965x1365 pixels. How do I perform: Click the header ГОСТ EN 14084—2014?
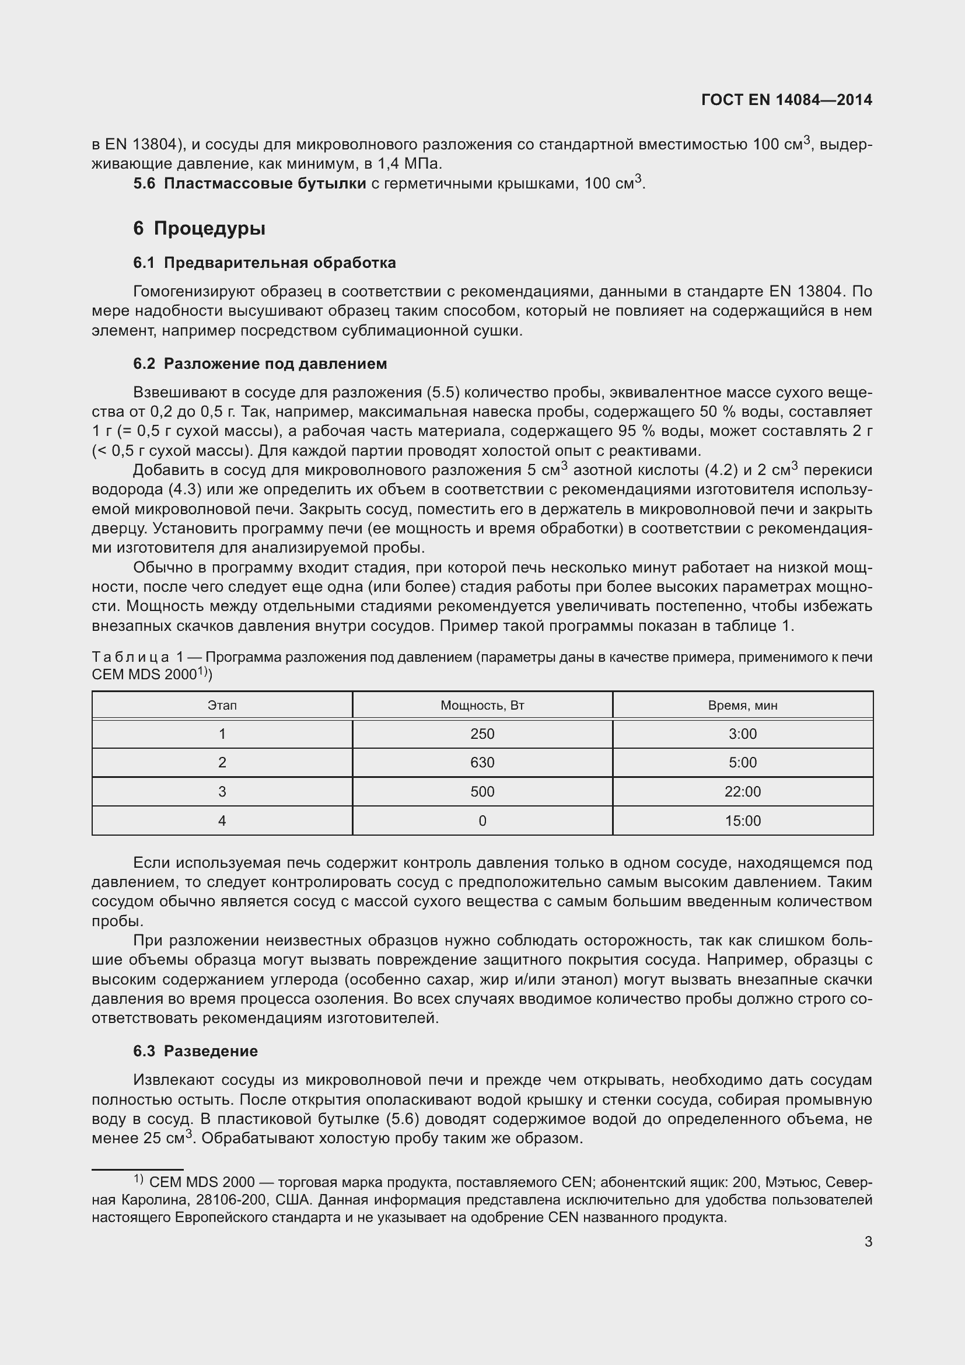(786, 100)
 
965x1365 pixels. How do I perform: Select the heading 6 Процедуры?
(199, 228)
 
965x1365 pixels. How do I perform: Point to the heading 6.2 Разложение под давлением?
(260, 364)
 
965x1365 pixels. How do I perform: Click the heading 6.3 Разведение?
(195, 1051)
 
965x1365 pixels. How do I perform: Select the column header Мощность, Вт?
(482, 706)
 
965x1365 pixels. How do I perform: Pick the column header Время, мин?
(742, 706)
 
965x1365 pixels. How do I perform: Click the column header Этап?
(222, 706)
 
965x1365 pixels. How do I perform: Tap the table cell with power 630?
(482, 763)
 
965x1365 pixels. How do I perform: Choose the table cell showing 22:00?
(742, 792)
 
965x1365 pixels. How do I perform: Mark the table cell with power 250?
(482, 734)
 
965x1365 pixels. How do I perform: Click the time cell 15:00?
(742, 821)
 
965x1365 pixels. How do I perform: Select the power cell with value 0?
(482, 821)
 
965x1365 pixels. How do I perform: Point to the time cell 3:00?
(742, 734)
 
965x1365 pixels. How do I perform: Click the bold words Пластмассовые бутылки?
(264, 184)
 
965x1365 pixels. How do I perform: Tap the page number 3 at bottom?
(868, 1241)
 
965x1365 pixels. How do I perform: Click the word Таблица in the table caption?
(130, 658)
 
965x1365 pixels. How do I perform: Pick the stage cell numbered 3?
(222, 792)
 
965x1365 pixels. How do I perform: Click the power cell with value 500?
(482, 792)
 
